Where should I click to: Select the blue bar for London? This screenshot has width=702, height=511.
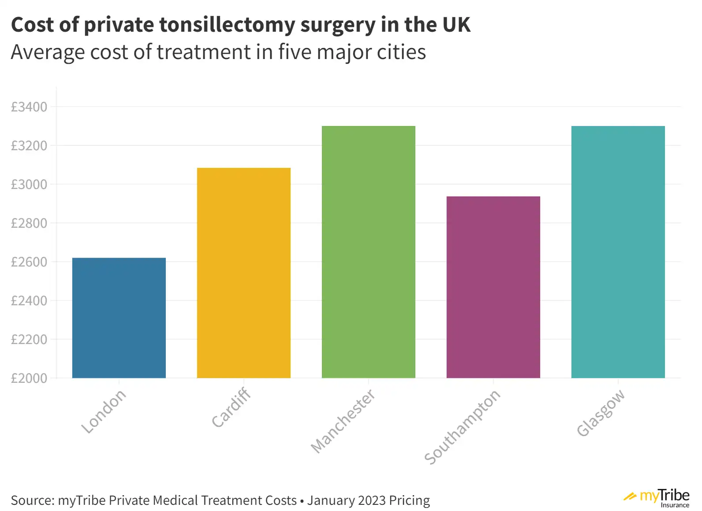(119, 318)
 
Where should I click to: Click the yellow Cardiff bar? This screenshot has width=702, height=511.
(243, 273)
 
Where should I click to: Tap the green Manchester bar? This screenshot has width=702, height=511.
(368, 252)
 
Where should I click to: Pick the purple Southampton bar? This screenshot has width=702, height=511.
(493, 287)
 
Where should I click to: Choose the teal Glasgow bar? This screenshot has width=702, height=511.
(618, 252)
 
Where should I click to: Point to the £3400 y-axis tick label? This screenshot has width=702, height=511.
(29, 107)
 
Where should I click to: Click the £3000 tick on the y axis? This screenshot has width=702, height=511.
(29, 185)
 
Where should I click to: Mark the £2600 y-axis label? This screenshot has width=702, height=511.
(29, 262)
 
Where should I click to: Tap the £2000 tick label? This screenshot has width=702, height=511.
(29, 378)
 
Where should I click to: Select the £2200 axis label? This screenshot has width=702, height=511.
(29, 340)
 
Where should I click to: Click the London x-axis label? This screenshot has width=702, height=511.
(104, 411)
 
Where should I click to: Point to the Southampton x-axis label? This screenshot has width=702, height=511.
(463, 426)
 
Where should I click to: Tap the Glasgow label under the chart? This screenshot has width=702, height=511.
(601, 413)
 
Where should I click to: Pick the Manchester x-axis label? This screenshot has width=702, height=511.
(343, 421)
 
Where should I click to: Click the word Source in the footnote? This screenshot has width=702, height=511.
(30, 500)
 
